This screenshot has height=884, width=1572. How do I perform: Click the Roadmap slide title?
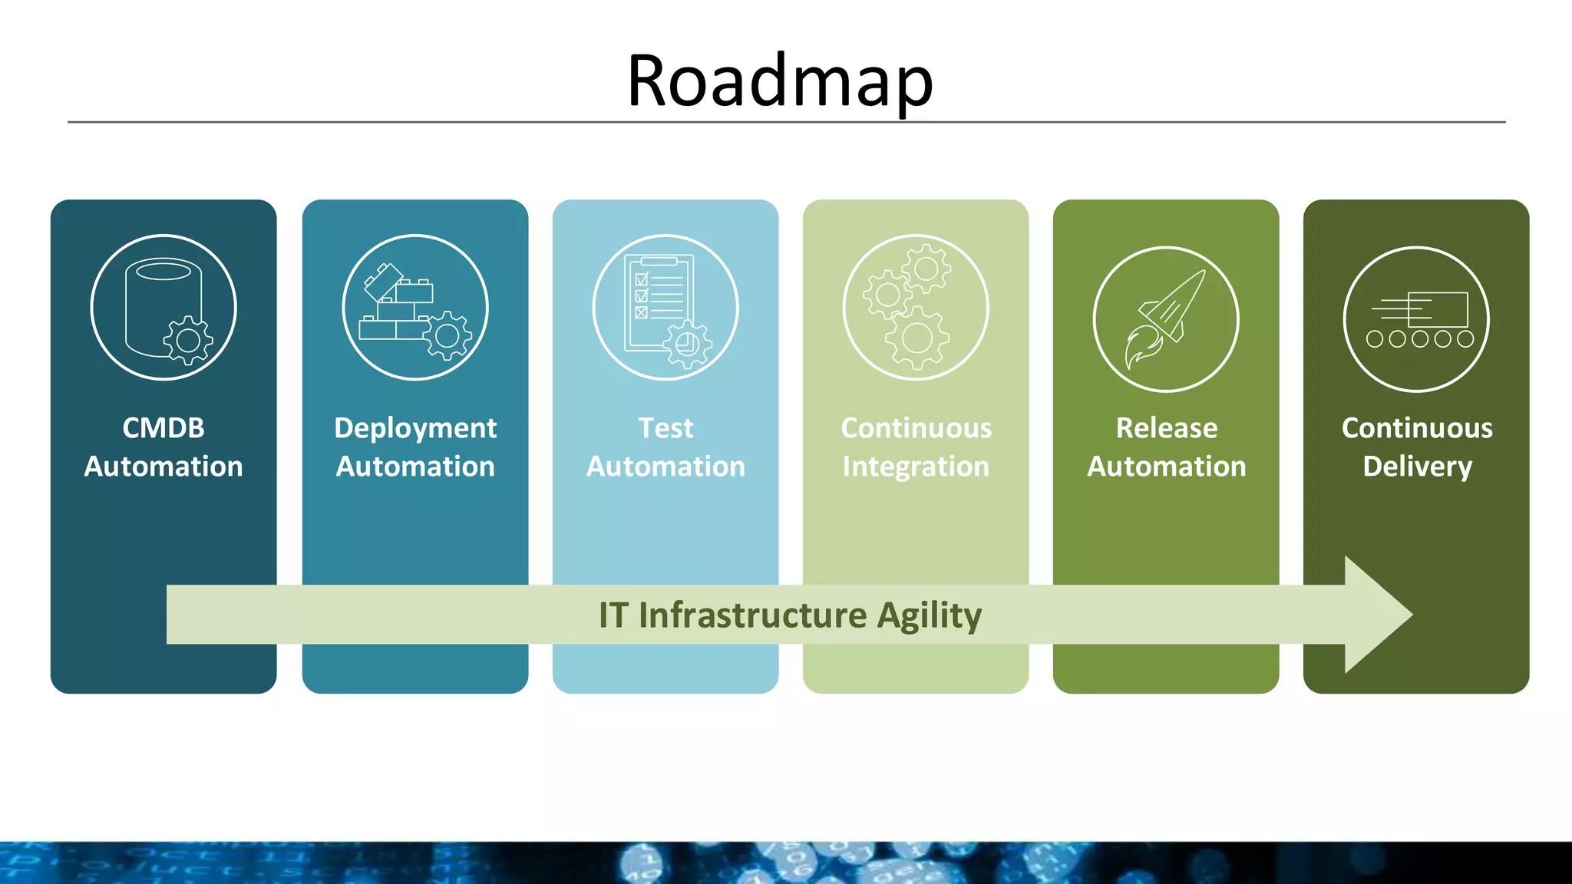pyautogui.click(x=780, y=81)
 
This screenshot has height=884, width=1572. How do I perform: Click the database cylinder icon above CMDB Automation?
pyautogui.click(x=163, y=307)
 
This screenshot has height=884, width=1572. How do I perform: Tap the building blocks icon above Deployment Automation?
pyautogui.click(x=414, y=307)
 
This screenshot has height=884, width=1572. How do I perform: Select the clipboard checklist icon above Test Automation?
pyautogui.click(x=665, y=307)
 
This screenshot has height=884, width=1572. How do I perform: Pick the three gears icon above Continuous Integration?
pyautogui.click(x=915, y=307)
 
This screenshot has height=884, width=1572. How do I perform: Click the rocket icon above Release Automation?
pyautogui.click(x=1165, y=318)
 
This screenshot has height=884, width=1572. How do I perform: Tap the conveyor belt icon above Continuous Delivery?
pyautogui.click(x=1416, y=318)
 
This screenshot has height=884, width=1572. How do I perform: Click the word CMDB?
pyautogui.click(x=163, y=428)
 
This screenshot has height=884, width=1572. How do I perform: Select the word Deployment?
pyautogui.click(x=415, y=428)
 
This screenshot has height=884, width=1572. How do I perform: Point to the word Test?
pyautogui.click(x=665, y=428)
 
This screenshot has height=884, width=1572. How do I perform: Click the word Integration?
pyautogui.click(x=916, y=467)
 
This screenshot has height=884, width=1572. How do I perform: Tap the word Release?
pyautogui.click(x=1166, y=428)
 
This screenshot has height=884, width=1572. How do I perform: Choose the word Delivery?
pyautogui.click(x=1417, y=467)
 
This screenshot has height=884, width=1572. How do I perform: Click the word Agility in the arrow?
pyautogui.click(x=929, y=615)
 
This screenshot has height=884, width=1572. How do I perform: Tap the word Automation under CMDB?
pyautogui.click(x=163, y=467)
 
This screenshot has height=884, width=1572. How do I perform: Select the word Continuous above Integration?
pyautogui.click(x=916, y=428)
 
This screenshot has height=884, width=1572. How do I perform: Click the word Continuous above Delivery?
pyautogui.click(x=1417, y=428)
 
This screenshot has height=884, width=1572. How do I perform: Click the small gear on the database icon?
pyautogui.click(x=188, y=340)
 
